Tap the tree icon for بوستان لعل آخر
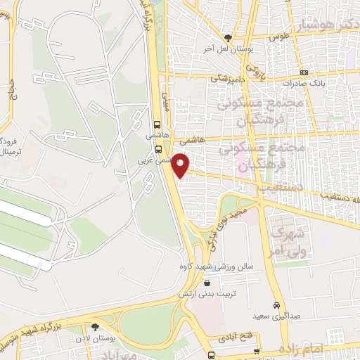coord(228,39)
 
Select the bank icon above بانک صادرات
coord(303,72)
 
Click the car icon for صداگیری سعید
coord(278,305)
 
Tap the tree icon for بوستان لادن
coord(96,327)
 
